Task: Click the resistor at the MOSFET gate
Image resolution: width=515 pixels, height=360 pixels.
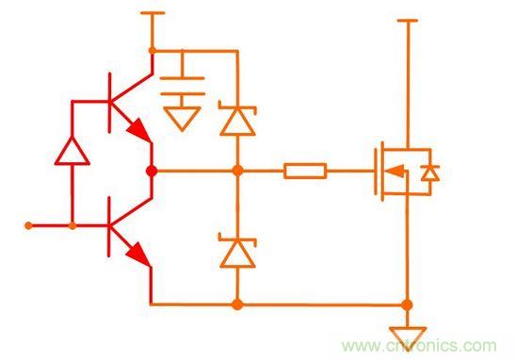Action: pos(305,171)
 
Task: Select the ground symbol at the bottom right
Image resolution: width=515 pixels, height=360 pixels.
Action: pos(408,338)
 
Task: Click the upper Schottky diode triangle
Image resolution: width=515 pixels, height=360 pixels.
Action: pos(237,122)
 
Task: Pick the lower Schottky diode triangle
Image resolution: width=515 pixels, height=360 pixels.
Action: pos(237,254)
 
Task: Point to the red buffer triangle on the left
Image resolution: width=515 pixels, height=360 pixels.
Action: pos(72,151)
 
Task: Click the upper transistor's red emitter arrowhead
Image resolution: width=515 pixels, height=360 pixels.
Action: pos(138,130)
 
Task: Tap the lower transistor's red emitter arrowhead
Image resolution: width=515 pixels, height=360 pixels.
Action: pos(138,254)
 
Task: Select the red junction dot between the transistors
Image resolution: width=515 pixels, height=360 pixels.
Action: pos(152,171)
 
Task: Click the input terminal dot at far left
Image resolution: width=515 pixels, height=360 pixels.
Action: pos(28,226)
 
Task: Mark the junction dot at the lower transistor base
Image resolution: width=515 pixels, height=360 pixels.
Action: pos(72,226)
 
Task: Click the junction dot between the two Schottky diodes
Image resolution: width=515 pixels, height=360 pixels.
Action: pos(238,171)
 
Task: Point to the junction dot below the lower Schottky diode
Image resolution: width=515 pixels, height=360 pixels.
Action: pos(237,304)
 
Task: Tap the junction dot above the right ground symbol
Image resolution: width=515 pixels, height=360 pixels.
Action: pos(407,304)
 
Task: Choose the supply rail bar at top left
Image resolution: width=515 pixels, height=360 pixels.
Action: pos(153,13)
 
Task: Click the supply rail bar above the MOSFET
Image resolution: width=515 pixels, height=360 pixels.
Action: pos(408,21)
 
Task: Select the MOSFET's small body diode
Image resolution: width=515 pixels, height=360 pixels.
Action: pos(430,172)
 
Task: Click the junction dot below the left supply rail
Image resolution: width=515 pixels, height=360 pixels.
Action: pos(153,51)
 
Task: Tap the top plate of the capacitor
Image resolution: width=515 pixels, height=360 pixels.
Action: pos(182,78)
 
